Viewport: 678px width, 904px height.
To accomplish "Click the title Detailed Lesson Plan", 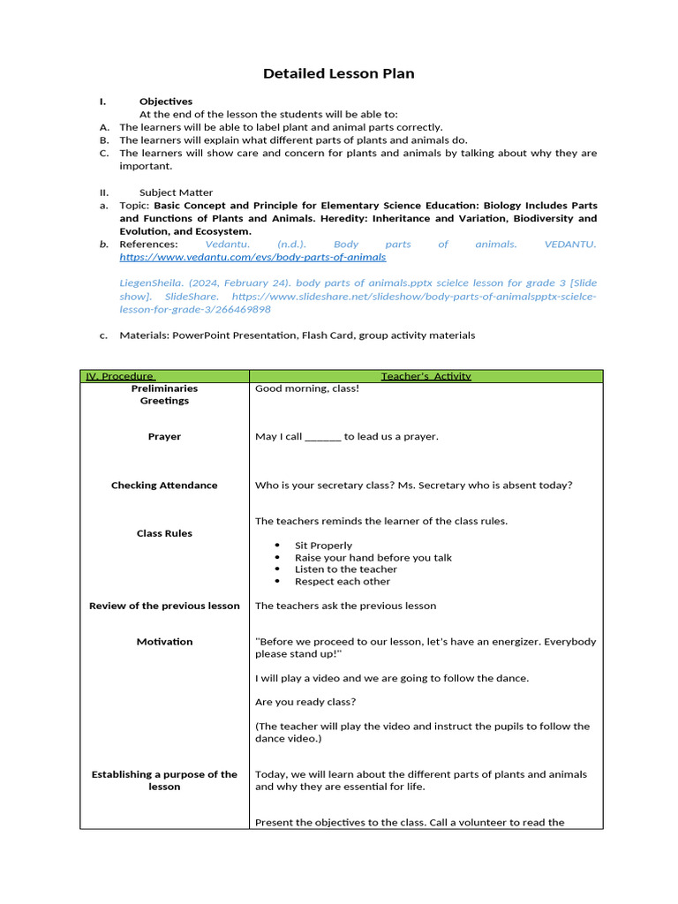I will tap(338, 73).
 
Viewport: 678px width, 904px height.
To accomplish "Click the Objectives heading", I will tap(165, 102).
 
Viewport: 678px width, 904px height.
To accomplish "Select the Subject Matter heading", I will tap(176, 192).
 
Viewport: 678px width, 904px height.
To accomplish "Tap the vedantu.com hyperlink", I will tap(252, 257).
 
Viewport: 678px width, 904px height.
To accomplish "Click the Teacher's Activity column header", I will tap(426, 376).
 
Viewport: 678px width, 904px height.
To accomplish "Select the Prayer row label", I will tap(164, 436).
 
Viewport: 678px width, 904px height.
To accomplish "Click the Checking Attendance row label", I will tap(164, 485).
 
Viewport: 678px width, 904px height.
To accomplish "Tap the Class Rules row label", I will tap(164, 533).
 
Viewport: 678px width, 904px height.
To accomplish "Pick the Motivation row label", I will tap(164, 642).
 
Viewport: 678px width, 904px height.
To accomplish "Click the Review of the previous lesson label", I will tap(164, 606).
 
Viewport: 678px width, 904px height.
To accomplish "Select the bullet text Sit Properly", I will tap(323, 546).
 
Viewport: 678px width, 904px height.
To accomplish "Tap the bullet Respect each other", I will tap(342, 582).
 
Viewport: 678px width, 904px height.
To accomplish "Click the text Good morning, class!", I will tap(307, 388).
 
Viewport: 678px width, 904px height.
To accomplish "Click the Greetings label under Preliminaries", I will tap(164, 401).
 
